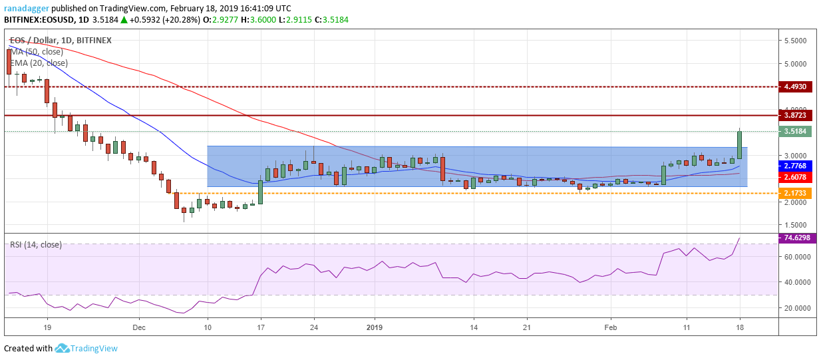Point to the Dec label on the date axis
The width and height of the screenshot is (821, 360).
point(138,327)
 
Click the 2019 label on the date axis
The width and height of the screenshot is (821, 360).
point(375,327)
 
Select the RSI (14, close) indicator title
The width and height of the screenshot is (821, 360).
point(36,245)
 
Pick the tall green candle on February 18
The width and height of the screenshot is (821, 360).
point(739,145)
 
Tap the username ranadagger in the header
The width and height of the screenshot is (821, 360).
point(28,8)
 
